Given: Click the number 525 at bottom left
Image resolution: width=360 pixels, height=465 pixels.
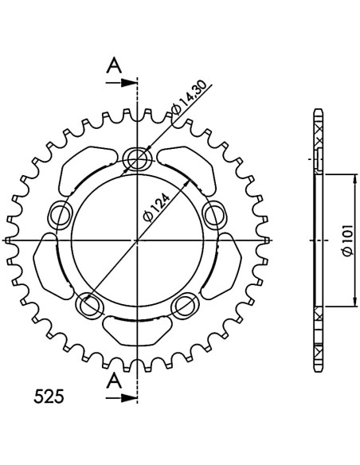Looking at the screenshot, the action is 49,397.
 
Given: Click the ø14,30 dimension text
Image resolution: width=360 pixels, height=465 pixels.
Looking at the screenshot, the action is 189,98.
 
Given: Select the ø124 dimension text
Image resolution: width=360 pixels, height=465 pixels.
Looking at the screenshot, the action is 156,208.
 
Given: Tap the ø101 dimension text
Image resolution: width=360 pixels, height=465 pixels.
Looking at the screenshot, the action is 347,240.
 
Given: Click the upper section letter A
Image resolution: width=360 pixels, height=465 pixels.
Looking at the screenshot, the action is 114,65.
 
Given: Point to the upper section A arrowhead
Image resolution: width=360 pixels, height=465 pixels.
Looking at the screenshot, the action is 129,83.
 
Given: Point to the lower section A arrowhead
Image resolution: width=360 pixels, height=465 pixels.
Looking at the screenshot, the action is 129,398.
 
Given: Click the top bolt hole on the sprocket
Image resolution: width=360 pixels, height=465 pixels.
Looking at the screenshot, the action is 137,157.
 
